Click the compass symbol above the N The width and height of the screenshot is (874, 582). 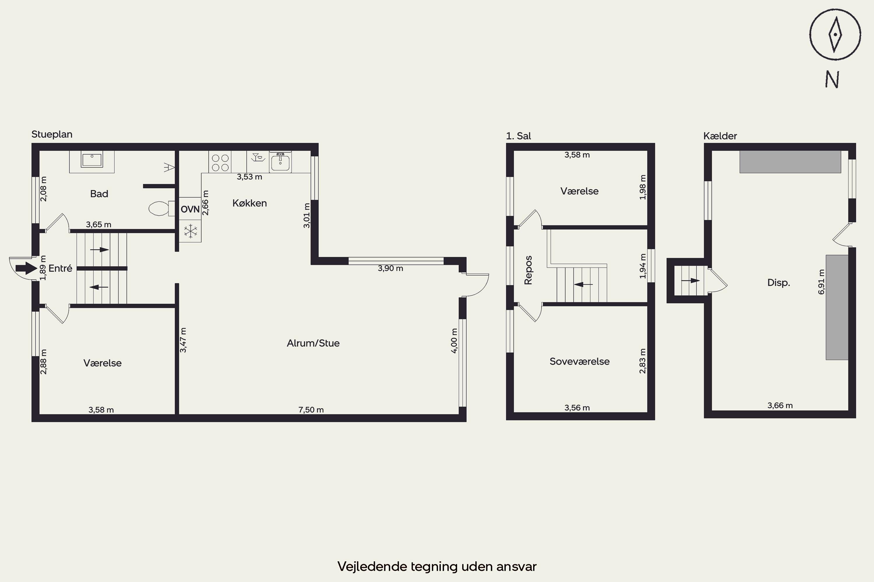click(835, 35)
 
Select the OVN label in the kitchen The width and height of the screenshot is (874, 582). click(190, 209)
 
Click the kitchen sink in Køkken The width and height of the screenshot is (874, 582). click(280, 162)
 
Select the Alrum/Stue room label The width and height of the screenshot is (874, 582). click(313, 343)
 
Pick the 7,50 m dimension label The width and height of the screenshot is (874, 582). click(311, 410)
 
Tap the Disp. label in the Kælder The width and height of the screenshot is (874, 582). click(778, 283)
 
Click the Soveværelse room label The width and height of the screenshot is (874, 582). click(579, 361)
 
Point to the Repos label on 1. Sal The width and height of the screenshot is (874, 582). click(528, 270)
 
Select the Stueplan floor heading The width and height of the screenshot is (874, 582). click(52, 134)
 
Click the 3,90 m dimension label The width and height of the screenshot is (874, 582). click(390, 268)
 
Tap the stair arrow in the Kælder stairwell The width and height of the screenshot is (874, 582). click(690, 281)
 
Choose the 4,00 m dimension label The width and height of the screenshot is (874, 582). click(454, 341)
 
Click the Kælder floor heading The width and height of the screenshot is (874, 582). click(720, 136)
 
